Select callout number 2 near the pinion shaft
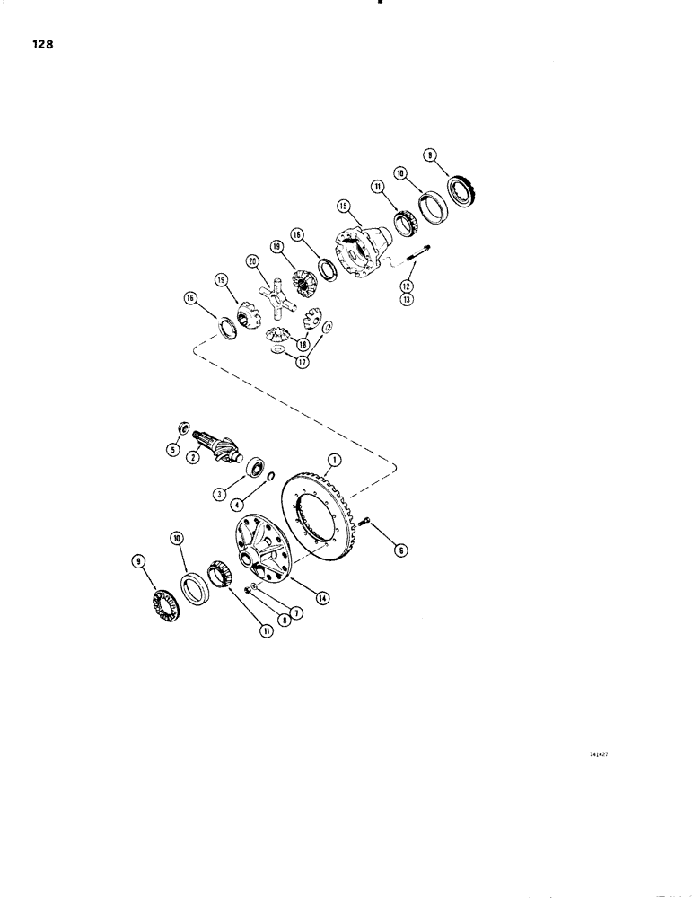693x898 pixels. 192,457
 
